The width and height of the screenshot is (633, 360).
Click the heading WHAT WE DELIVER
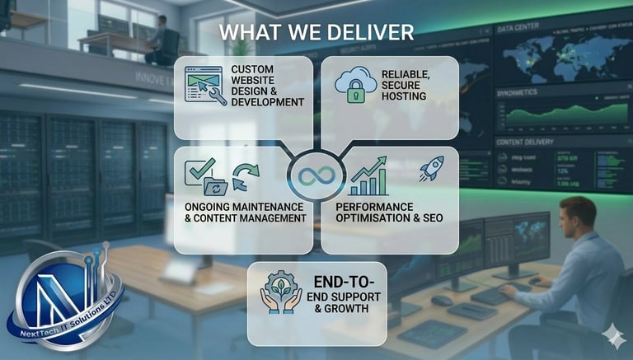click(316, 32)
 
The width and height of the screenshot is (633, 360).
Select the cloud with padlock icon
click(355, 85)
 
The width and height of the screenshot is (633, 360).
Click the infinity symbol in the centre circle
click(316, 175)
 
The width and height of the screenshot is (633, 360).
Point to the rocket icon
click(431, 168)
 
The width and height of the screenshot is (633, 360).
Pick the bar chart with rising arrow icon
click(368, 176)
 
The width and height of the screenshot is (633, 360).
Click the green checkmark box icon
click(199, 171)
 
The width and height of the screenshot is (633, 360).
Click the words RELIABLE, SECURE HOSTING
click(403, 85)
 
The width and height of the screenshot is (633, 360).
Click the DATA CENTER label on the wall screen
click(518, 26)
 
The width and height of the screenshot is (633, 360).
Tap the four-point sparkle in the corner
click(613, 336)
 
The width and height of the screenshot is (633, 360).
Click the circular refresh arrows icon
click(245, 175)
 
